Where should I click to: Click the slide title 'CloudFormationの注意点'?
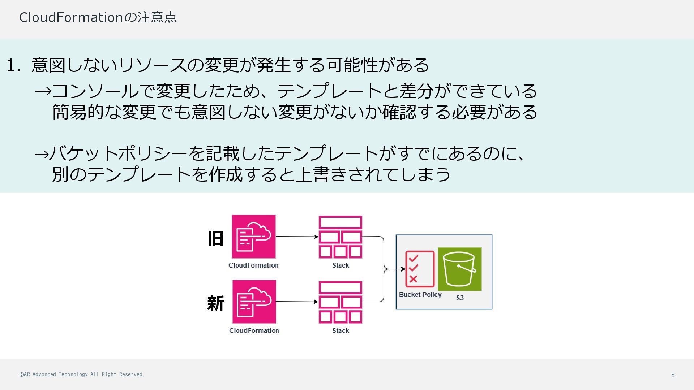pyautogui.click(x=98, y=17)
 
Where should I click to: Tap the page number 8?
pyautogui.click(x=673, y=375)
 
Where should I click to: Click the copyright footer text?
pyautogui.click(x=82, y=374)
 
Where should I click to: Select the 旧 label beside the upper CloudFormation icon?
pyautogui.click(x=216, y=238)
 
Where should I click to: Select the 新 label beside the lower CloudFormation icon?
pyautogui.click(x=216, y=303)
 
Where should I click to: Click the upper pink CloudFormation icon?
pyautogui.click(x=254, y=237)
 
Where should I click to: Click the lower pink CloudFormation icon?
pyautogui.click(x=254, y=302)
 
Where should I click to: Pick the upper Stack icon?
pyautogui.click(x=340, y=237)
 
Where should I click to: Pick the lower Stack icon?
pyautogui.click(x=340, y=302)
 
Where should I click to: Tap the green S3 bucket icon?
pyautogui.click(x=460, y=269)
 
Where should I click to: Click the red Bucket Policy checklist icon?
pyautogui.click(x=420, y=269)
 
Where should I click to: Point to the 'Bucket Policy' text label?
pyautogui.click(x=420, y=295)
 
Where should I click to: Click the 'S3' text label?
pyautogui.click(x=460, y=298)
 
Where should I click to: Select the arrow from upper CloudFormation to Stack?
pyautogui.click(x=297, y=237)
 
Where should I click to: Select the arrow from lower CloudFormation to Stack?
pyautogui.click(x=297, y=302)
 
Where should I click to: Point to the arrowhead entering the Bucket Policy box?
pyautogui.click(x=403, y=269)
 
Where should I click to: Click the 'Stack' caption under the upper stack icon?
pyautogui.click(x=340, y=265)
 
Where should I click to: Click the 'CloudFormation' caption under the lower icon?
pyautogui.click(x=254, y=330)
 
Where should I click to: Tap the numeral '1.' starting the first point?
pyautogui.click(x=14, y=66)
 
